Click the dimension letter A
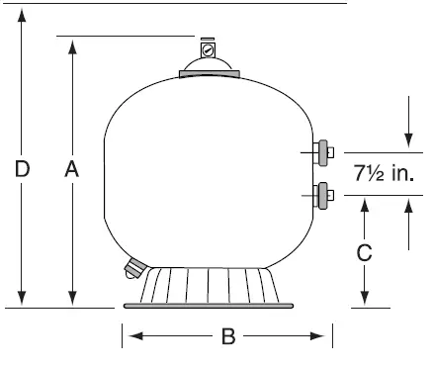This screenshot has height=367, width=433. [x=71, y=170]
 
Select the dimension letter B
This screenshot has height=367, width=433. [x=227, y=337]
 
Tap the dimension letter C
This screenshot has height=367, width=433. [x=364, y=251]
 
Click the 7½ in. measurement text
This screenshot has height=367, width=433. [x=383, y=174]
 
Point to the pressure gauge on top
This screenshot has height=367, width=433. [x=208, y=48]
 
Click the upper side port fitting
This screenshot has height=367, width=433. [x=321, y=152]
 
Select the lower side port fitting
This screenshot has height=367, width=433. [x=321, y=195]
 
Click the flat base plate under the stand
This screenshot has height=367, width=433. [x=208, y=306]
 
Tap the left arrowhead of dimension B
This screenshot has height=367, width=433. [x=129, y=337]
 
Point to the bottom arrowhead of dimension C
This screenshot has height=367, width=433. [x=364, y=301]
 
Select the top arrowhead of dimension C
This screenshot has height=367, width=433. [x=364, y=203]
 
